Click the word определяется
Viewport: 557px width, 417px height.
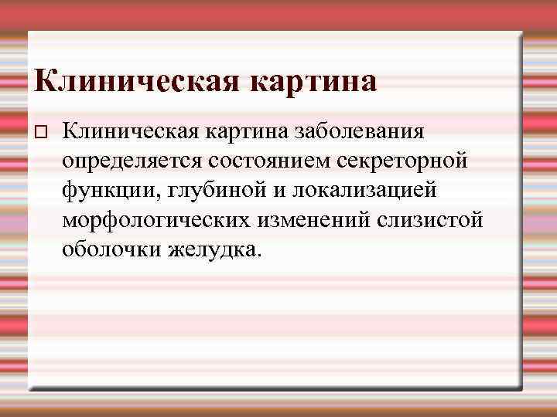(x=132, y=160)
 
